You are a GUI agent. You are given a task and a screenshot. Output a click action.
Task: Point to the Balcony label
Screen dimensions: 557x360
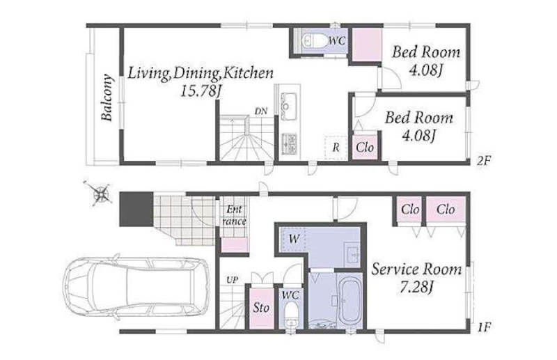pyautogui.click(x=107, y=97)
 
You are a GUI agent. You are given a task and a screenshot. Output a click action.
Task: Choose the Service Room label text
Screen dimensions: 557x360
pyautogui.click(x=416, y=269)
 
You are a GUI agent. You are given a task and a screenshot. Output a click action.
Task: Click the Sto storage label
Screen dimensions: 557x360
pyautogui.click(x=261, y=308)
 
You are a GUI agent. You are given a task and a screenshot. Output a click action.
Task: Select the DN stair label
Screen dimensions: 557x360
pyautogui.click(x=261, y=111)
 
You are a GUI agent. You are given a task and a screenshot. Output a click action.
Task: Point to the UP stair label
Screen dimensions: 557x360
pyautogui.click(x=232, y=280)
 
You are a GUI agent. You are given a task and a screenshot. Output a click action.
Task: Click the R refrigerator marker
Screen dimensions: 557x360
pyautogui.click(x=336, y=148)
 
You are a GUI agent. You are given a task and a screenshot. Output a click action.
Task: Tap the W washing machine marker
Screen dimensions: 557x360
pyautogui.click(x=294, y=239)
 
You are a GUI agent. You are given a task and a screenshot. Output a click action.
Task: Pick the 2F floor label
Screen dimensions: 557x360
pyautogui.click(x=483, y=162)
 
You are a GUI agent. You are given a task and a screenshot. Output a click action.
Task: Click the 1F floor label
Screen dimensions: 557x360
pyautogui.click(x=484, y=327)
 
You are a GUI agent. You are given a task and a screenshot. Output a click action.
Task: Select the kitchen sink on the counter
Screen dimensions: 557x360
pyautogui.click(x=288, y=101)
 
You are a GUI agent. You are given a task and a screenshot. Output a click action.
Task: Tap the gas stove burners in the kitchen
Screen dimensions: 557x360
pyautogui.click(x=289, y=143)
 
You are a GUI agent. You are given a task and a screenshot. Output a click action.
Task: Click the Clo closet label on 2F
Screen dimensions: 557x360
pyautogui.click(x=365, y=147)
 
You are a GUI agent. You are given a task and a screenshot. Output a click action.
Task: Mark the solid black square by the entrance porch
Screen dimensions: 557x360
pyautogui.click(x=136, y=209)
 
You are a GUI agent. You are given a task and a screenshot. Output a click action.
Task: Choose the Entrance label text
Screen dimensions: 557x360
pyautogui.click(x=234, y=216)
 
